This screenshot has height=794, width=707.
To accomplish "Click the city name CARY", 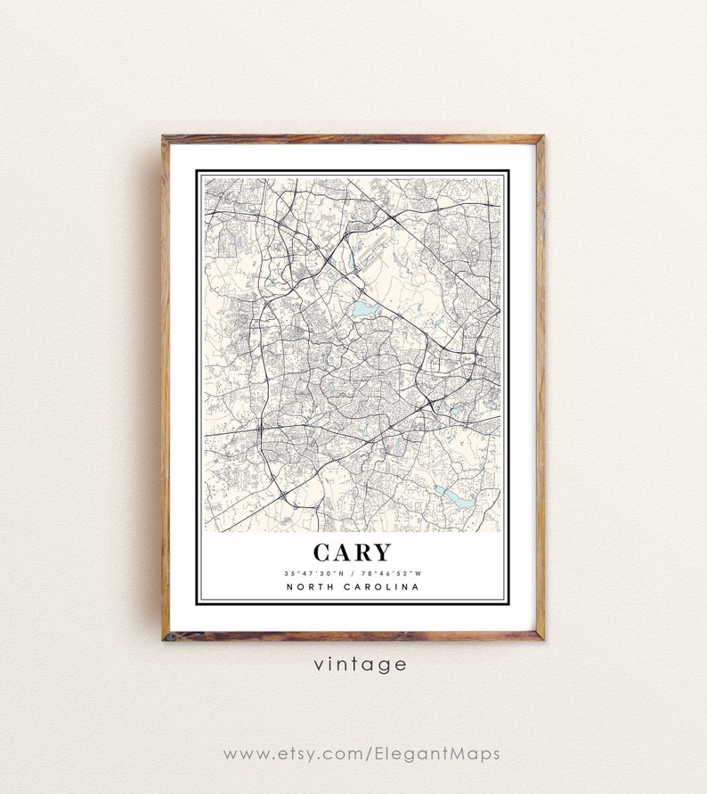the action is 352,553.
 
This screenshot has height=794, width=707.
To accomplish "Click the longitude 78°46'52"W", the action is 390,572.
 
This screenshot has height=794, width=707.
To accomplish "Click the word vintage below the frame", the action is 360,664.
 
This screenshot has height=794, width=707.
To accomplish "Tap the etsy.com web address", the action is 361,754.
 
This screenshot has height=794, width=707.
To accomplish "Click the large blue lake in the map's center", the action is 363,309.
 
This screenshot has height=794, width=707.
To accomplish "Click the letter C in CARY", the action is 323,553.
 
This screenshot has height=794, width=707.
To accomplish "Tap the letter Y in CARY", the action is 382,553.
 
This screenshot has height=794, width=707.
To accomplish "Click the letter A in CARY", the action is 343,553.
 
